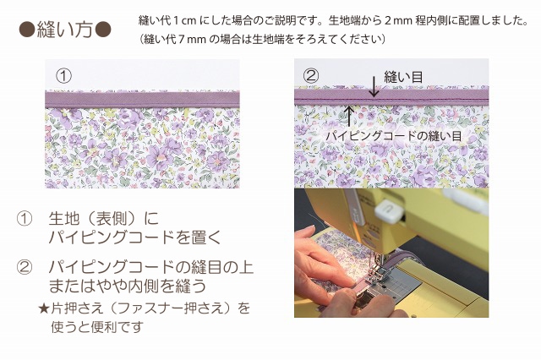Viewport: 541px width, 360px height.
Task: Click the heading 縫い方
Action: [64, 29]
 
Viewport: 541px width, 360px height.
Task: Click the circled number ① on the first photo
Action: [63, 76]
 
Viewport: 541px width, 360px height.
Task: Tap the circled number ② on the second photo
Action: [311, 75]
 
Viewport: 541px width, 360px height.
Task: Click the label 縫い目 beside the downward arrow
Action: [403, 77]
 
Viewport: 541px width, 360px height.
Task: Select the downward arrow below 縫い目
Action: [374, 88]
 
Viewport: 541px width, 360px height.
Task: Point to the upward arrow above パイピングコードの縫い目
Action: [349, 116]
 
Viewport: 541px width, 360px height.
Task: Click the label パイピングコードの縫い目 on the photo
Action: [393, 135]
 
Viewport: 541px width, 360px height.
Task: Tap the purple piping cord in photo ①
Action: [142, 100]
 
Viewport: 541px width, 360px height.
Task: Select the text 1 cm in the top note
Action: [184, 20]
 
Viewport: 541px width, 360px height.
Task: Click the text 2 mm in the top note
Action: [398, 20]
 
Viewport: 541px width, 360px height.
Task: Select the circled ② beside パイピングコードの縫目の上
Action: [25, 268]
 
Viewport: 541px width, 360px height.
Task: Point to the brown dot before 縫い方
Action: [27, 30]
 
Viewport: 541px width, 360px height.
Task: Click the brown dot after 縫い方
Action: [102, 30]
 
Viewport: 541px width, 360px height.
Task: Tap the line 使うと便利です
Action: [97, 327]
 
